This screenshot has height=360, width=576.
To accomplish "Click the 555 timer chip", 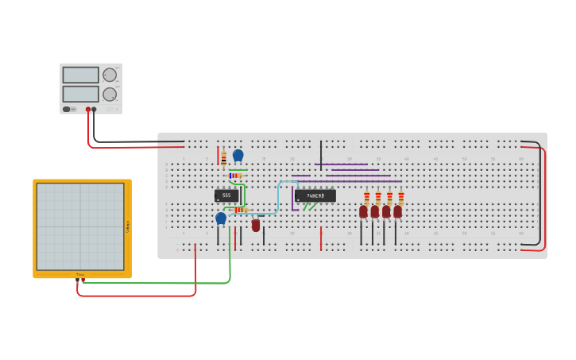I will pos(226,195).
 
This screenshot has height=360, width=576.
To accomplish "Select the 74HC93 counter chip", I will pos(315,195).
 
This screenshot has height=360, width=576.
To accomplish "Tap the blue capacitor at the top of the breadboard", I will pos(238,155).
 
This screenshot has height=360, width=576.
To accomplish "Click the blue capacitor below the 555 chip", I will pos(221,218).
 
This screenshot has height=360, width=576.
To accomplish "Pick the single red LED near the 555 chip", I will pos(256,225).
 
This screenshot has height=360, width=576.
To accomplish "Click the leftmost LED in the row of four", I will pos(363,211).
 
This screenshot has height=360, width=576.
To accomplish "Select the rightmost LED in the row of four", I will pos(397,211).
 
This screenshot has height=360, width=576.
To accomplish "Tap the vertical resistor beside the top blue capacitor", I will pos(224,158).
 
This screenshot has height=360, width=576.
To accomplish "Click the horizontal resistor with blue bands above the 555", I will pos(236,176).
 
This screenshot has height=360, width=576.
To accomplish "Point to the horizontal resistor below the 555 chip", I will pos(240,210).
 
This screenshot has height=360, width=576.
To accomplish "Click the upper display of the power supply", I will pos(80,75).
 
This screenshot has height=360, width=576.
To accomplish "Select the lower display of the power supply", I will pos(80,94).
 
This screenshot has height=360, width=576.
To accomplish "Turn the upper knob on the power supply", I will pos(110,75).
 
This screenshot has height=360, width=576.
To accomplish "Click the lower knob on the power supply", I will pos(110,94).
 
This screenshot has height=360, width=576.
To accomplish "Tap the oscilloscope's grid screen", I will pos(79,226).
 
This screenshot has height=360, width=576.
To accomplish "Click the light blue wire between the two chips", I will pos(278,199).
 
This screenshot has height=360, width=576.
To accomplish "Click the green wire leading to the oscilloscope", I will pos(159,282).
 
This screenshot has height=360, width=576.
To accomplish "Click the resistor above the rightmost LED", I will pos(401,198).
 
